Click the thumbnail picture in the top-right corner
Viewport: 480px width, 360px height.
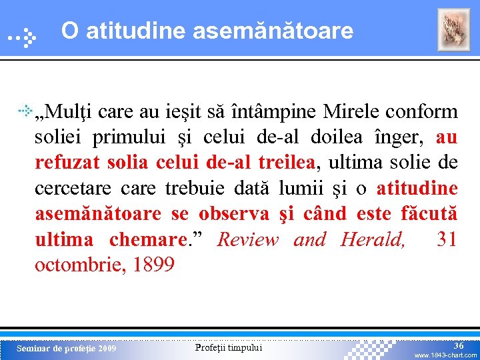point(453,30)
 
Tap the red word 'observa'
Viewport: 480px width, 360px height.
point(233,213)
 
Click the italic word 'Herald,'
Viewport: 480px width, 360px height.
point(373,239)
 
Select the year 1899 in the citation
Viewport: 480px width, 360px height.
point(153,265)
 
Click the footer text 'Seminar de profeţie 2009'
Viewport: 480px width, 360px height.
point(66,349)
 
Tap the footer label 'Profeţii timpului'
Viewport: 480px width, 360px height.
point(229,347)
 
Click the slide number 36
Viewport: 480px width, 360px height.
point(459,345)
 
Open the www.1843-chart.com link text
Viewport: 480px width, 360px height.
point(445,355)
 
